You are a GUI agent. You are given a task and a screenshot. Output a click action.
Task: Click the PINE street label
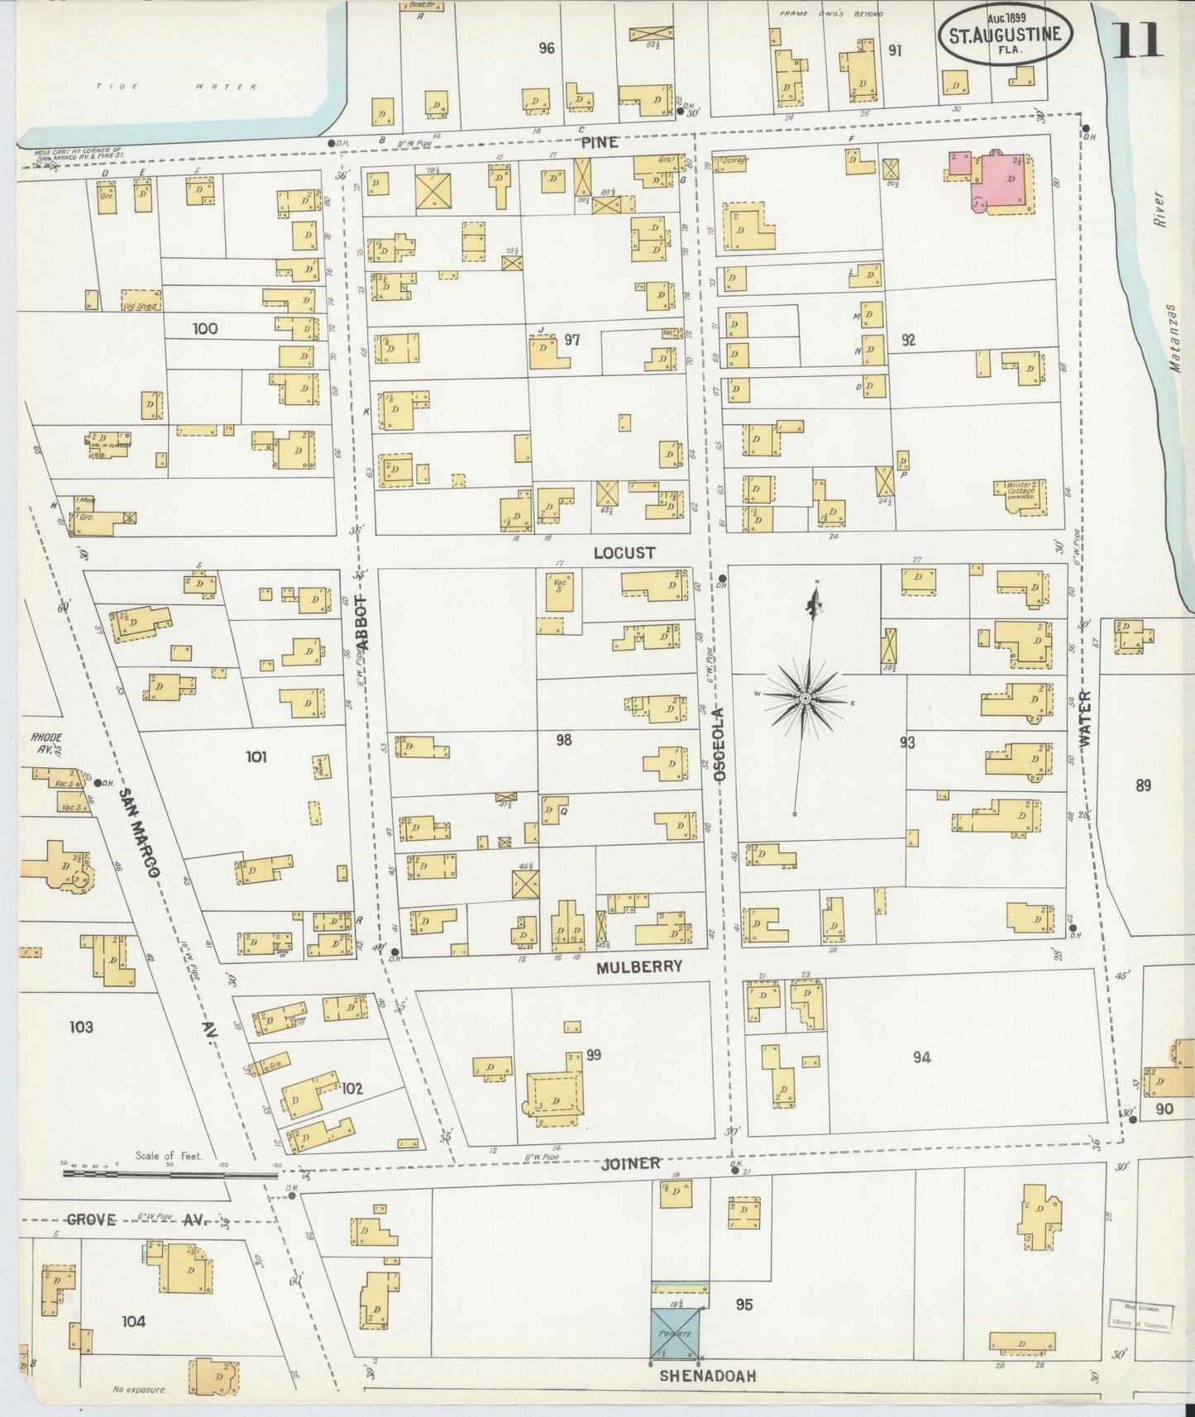[599, 142]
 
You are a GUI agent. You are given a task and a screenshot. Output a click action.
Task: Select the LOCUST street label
[624, 552]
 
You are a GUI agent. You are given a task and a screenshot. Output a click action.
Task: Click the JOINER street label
[631, 1163]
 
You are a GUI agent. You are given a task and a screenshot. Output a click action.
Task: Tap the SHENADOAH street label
[707, 1376]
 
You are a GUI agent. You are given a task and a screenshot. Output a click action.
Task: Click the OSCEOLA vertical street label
[719, 744]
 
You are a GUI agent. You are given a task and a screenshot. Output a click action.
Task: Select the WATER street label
[1084, 719]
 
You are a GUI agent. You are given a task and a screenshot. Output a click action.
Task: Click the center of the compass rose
[805, 699]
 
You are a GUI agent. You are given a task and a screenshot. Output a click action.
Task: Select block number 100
[204, 328]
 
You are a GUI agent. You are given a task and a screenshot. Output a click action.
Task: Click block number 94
[921, 1057]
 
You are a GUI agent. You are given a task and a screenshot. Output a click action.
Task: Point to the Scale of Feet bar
[170, 1172]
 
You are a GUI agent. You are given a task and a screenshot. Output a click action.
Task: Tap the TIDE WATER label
[176, 86]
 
